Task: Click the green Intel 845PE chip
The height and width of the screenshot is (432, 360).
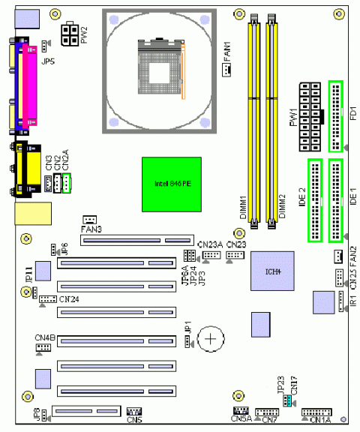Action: (x=172, y=184)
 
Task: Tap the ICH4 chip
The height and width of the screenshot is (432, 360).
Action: (x=271, y=272)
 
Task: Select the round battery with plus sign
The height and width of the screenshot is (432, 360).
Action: (x=213, y=340)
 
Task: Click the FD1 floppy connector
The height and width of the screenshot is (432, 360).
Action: (x=334, y=115)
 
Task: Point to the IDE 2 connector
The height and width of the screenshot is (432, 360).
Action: (x=314, y=201)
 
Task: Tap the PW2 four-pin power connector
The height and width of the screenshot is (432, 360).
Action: (x=69, y=32)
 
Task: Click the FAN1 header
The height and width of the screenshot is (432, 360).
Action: (x=225, y=70)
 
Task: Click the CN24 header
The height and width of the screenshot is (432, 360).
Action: (x=47, y=299)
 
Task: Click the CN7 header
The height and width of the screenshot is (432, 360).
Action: (x=267, y=412)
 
